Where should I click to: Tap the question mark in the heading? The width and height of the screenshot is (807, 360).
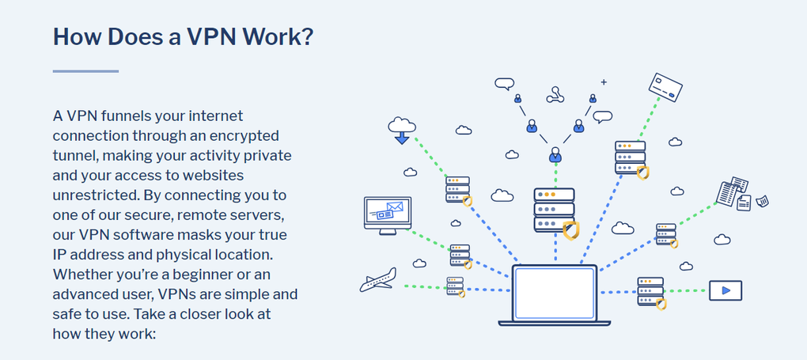(306, 36)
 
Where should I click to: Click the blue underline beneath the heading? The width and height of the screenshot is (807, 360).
(85, 71)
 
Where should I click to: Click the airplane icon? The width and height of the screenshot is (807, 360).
(378, 279)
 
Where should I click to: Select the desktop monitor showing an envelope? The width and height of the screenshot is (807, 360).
(387, 213)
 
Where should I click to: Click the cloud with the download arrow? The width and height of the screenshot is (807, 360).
(401, 129)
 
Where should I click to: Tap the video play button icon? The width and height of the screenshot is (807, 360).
(725, 290)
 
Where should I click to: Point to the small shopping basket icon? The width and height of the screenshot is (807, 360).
(762, 201)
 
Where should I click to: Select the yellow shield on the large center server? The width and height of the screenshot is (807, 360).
(570, 230)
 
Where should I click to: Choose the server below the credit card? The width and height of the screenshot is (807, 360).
(630, 157)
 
